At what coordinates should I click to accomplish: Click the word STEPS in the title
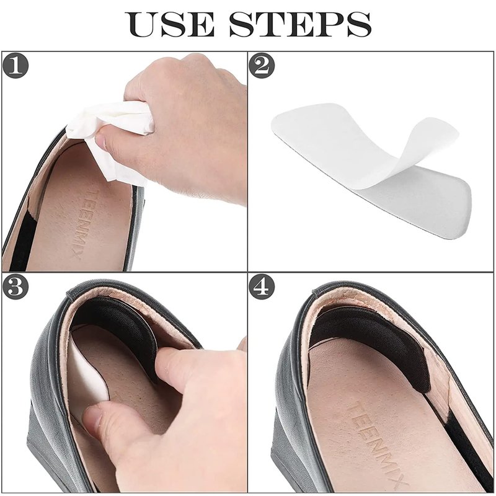click(x=300, y=24)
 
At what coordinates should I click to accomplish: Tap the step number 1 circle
click(x=15, y=66)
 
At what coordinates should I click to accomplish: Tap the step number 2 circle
click(x=262, y=66)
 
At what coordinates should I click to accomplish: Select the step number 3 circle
click(x=15, y=286)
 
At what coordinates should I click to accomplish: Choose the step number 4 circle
click(x=262, y=286)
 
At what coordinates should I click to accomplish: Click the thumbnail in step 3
click(x=94, y=418)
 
